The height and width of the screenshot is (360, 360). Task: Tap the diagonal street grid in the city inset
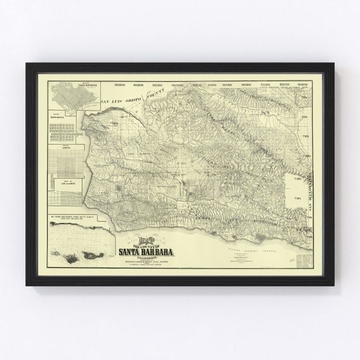tap(63, 98)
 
